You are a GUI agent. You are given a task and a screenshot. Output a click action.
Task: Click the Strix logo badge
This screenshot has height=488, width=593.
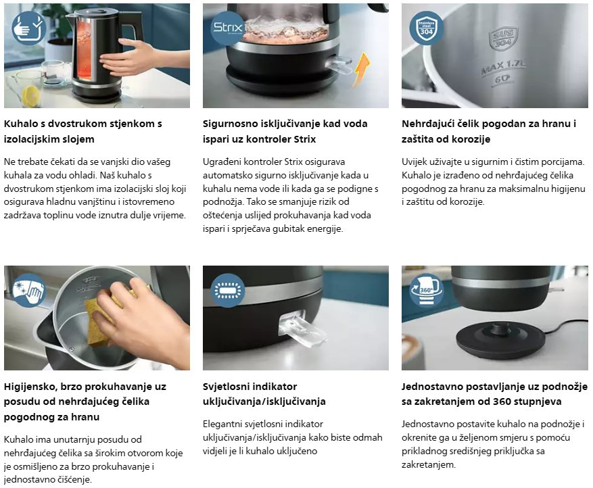[x=228, y=28]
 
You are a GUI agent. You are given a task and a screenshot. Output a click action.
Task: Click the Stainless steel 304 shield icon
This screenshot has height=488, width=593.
[x=426, y=28]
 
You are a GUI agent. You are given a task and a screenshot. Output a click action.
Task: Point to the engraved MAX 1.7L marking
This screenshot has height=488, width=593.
[x=504, y=68]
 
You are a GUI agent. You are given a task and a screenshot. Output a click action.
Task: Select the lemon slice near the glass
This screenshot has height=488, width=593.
[x=30, y=96]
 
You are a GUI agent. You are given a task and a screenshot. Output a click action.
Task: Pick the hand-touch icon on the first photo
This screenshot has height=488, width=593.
[x=29, y=28]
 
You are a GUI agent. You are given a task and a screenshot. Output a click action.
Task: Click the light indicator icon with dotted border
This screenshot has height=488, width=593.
[x=228, y=291]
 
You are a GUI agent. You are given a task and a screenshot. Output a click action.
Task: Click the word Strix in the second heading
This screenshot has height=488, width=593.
[x=305, y=139]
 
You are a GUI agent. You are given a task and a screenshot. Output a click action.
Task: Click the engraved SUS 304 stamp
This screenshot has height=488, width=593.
[x=503, y=38]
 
